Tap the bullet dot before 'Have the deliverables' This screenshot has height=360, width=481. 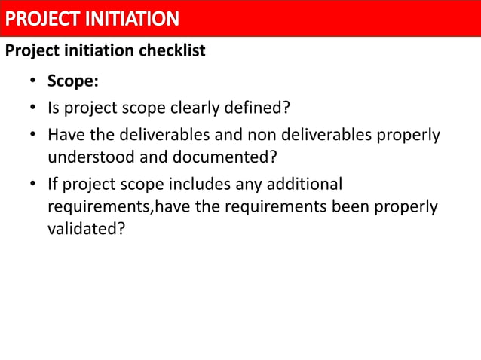34,136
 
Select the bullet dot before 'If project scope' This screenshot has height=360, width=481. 34,184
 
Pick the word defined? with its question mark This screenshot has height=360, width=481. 263,108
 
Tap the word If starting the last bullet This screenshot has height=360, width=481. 53,184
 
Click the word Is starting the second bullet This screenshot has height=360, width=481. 54,108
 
